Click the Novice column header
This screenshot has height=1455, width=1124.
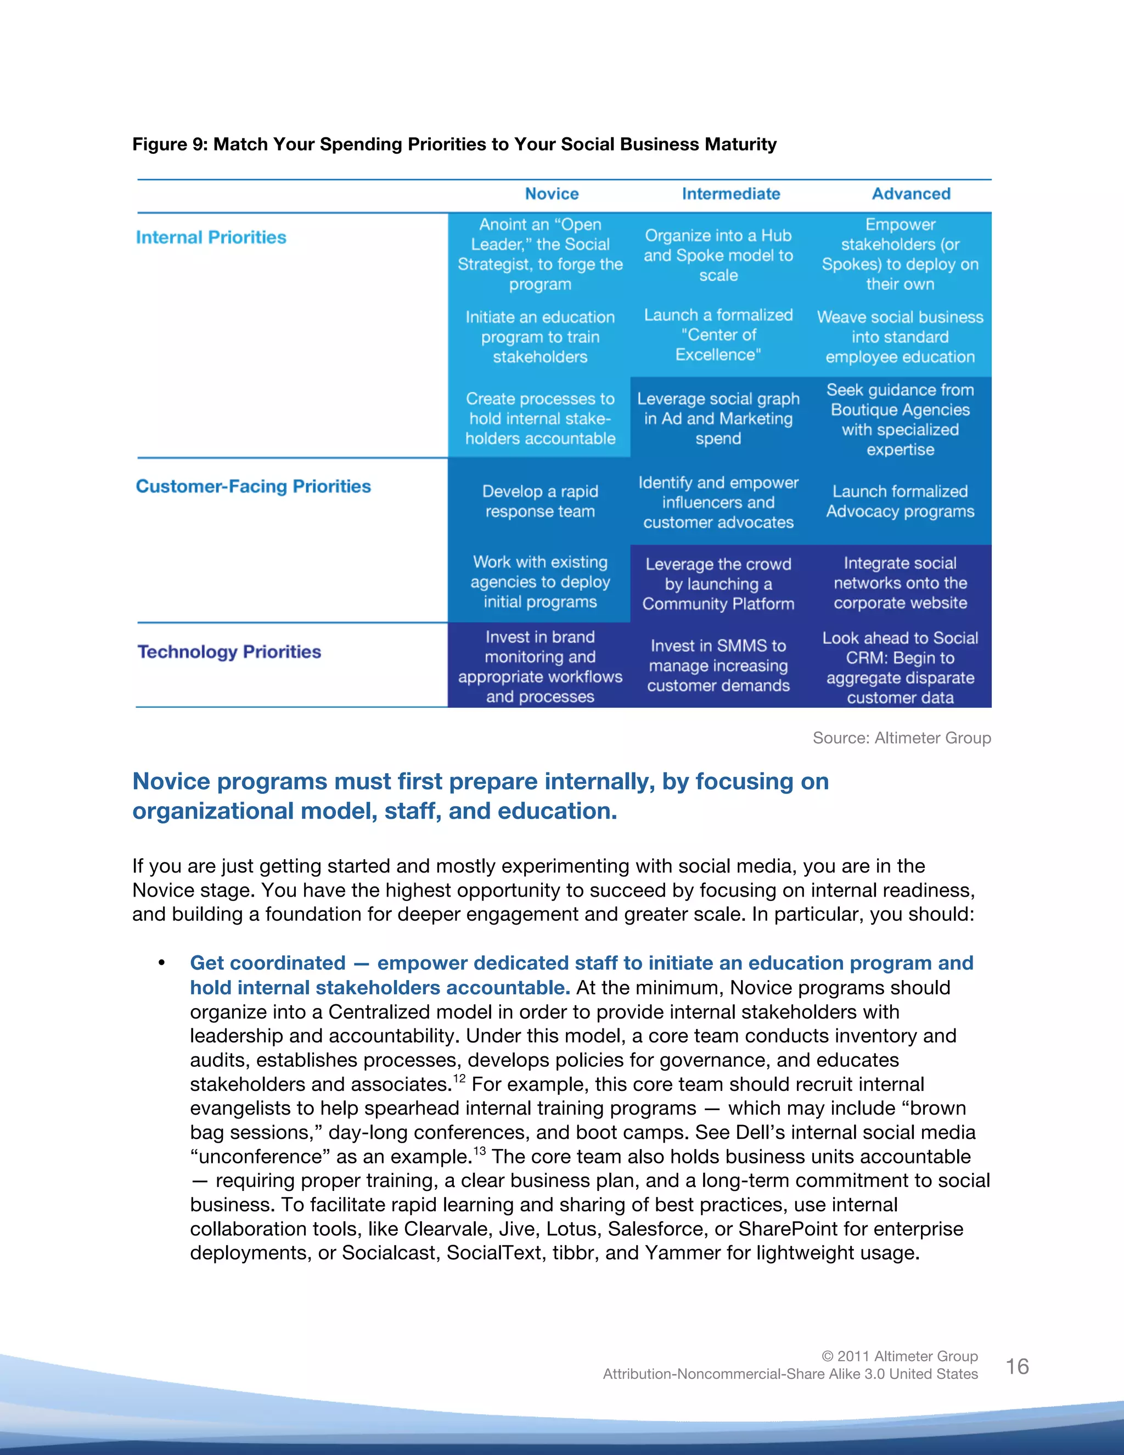click(x=552, y=194)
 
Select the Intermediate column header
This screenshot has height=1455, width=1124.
click(x=730, y=194)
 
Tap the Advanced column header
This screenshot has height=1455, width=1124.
click(x=911, y=194)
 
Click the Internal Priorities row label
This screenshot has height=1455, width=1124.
click(x=211, y=237)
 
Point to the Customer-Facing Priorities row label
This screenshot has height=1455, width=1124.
click(x=253, y=486)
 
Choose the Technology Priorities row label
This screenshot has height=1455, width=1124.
click(x=229, y=652)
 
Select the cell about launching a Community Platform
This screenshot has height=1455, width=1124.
click(x=718, y=584)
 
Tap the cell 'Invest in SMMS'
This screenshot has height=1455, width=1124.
click(x=718, y=665)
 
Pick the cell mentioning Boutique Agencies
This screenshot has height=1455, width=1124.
click(x=900, y=419)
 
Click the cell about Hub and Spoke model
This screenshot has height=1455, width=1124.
click(x=718, y=255)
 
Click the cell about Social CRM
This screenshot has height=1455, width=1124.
click(x=900, y=667)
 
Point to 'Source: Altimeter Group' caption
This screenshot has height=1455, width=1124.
click(x=902, y=737)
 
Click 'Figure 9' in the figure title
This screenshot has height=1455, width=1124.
click(x=169, y=144)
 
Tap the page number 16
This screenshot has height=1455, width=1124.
click(x=1017, y=1367)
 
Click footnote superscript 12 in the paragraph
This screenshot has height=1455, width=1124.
click(x=459, y=1077)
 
